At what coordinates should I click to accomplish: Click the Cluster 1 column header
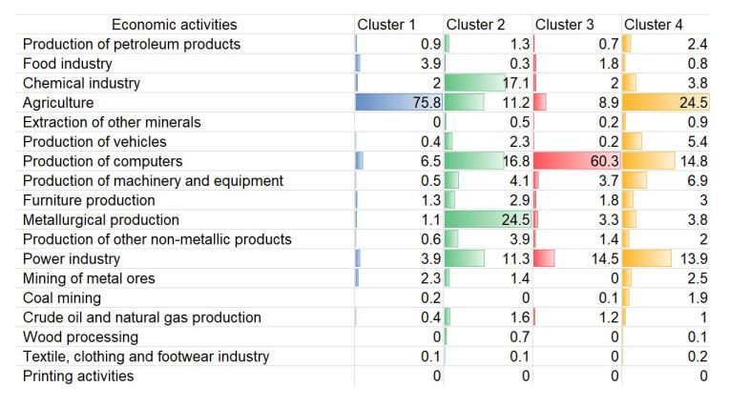[386, 25]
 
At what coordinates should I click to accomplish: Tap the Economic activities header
[175, 25]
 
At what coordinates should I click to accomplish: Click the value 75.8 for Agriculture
[427, 103]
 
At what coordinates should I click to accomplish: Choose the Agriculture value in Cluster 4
[692, 103]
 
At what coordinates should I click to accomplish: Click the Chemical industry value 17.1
[515, 84]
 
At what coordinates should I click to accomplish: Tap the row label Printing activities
[78, 376]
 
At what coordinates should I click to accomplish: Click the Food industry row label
[68, 64]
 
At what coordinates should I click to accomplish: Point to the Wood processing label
[80, 337]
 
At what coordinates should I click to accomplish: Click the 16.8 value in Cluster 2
[515, 162]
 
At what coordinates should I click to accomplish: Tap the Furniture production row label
[89, 201]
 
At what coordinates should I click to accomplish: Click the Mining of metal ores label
[89, 279]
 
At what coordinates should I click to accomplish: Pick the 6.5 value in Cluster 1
[430, 162]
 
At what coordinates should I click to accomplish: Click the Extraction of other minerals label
[112, 123]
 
